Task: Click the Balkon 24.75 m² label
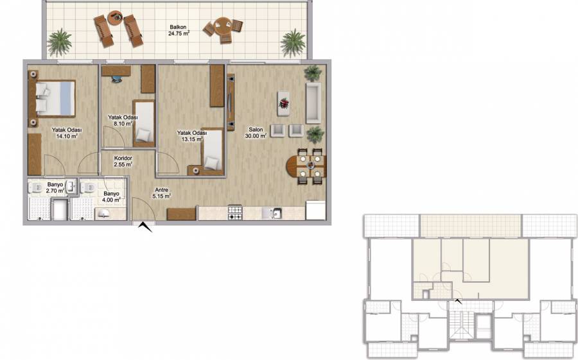[179, 30]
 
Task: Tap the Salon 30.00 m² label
[256, 133]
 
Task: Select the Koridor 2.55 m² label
[123, 162]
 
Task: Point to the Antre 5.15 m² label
[161, 193]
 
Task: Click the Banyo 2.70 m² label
[55, 187]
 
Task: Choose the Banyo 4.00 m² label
[111, 197]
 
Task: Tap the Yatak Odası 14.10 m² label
[67, 133]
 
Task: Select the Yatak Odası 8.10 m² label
[123, 121]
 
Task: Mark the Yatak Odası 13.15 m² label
[191, 136]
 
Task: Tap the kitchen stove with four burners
[235, 212]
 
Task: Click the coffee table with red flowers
[283, 103]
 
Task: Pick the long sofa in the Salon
[313, 103]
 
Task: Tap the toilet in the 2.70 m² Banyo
[36, 188]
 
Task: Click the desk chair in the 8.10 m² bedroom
[117, 78]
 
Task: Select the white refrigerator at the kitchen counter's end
[315, 210]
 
